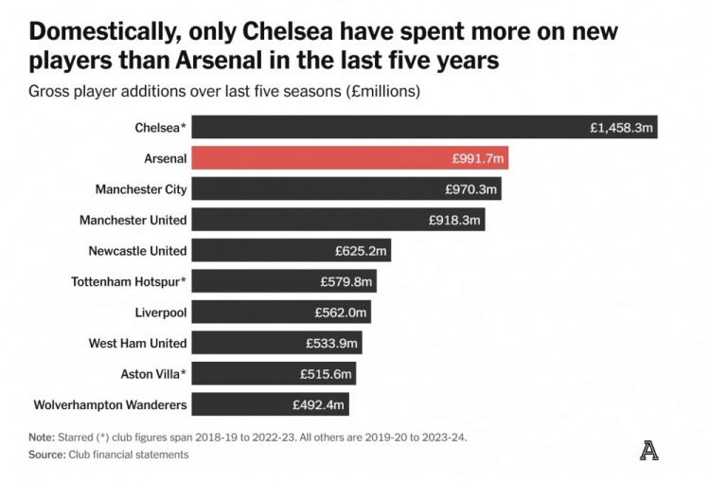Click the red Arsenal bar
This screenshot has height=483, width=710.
[x=350, y=158]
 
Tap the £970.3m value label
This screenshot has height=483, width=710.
[x=470, y=189]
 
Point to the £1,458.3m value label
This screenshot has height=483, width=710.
[x=621, y=127]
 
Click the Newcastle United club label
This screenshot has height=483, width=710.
[x=137, y=251]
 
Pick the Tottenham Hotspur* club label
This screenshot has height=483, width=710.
[x=130, y=281]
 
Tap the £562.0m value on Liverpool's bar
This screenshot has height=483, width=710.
[x=341, y=313]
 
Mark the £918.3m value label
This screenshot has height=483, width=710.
[x=455, y=220]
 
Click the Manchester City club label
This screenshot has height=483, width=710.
[x=141, y=189]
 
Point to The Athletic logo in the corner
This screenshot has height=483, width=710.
[x=648, y=451]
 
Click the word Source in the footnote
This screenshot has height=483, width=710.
[x=45, y=455]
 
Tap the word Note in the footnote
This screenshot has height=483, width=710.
[x=42, y=438]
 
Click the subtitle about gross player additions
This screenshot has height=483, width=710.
[x=224, y=92]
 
